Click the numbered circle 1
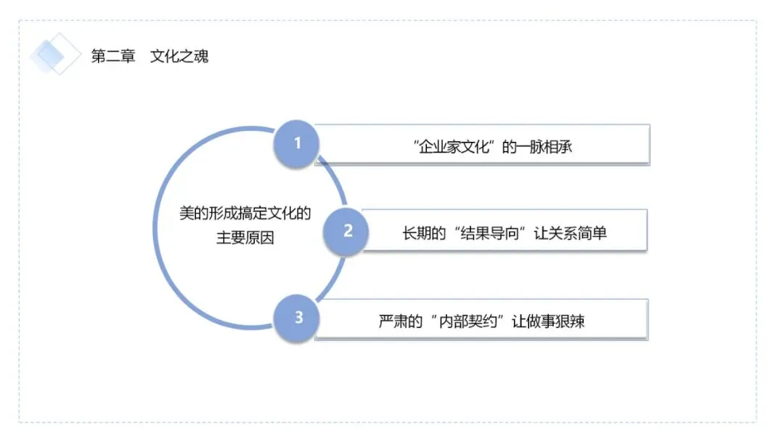296,144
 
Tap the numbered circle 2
346,231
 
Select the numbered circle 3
296,318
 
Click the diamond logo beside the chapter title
55,54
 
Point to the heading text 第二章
113,56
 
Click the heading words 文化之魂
179,56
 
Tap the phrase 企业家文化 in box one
454,147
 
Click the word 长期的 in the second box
424,233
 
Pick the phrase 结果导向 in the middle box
489,233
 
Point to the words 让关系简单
571,233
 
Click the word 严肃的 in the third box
401,321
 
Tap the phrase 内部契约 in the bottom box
468,321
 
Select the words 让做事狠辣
548,321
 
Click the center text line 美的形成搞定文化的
245,213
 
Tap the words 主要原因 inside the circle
245,237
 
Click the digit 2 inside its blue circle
348,230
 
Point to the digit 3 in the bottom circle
299,318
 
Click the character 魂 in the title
202,56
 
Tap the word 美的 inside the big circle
194,213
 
